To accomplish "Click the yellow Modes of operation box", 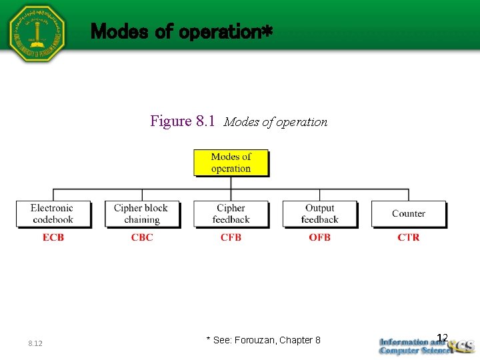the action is (231, 163).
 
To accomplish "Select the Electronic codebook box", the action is (52, 214).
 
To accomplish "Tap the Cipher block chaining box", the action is (141, 214).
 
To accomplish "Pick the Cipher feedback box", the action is (231, 214).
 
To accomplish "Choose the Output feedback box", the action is (319, 214).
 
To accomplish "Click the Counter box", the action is (408, 214).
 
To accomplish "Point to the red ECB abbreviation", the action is (53, 237).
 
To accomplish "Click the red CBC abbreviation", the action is (142, 237).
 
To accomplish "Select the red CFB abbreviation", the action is (231, 237).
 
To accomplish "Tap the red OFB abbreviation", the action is (319, 237).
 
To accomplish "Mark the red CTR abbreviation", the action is (408, 237).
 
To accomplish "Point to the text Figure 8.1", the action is (183, 121).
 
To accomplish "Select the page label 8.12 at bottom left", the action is (35, 343).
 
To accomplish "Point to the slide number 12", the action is (441, 337).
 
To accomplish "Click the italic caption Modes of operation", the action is (275, 122).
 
